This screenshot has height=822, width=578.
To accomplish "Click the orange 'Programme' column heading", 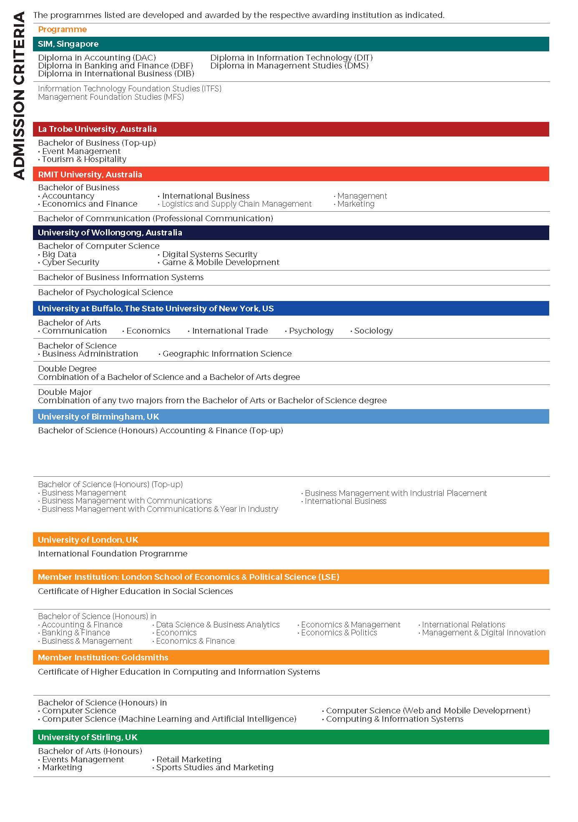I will pyautogui.click(x=62, y=30).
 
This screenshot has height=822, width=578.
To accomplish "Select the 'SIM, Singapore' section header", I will pyautogui.click(x=68, y=44).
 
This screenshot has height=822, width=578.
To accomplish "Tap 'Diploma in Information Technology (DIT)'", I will pyautogui.click(x=291, y=58).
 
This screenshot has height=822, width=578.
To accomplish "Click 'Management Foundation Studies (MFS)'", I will pyautogui.click(x=111, y=97).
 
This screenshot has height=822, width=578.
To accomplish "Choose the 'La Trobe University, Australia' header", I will pyautogui.click(x=97, y=129).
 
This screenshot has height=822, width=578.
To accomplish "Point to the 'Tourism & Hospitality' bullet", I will pyautogui.click(x=84, y=159).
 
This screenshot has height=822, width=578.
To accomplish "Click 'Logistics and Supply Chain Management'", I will pyautogui.click(x=236, y=204).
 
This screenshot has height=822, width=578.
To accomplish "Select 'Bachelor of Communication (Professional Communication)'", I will pyautogui.click(x=155, y=218).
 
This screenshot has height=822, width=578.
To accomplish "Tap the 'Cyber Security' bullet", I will pyautogui.click(x=70, y=263).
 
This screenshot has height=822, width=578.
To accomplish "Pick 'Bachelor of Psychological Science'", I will pyautogui.click(x=105, y=292).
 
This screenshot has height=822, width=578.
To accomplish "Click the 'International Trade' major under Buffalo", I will pyautogui.click(x=229, y=331).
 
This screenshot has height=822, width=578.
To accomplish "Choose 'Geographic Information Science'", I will pyautogui.click(x=226, y=354).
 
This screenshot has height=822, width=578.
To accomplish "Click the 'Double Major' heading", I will pyautogui.click(x=65, y=392).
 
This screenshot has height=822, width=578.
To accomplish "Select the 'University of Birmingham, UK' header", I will pyautogui.click(x=98, y=417).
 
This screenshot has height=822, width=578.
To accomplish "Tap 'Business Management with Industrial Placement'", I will pyautogui.click(x=395, y=493).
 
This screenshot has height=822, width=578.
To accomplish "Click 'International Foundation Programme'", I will pyautogui.click(x=113, y=554).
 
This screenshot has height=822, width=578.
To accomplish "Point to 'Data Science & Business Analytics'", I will pyautogui.click(x=217, y=625).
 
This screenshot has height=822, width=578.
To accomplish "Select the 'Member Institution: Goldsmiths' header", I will pyautogui.click(x=103, y=658).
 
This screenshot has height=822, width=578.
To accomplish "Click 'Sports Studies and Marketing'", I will pyautogui.click(x=214, y=767).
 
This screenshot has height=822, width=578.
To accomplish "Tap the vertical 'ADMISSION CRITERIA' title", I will pyautogui.click(x=19, y=96).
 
